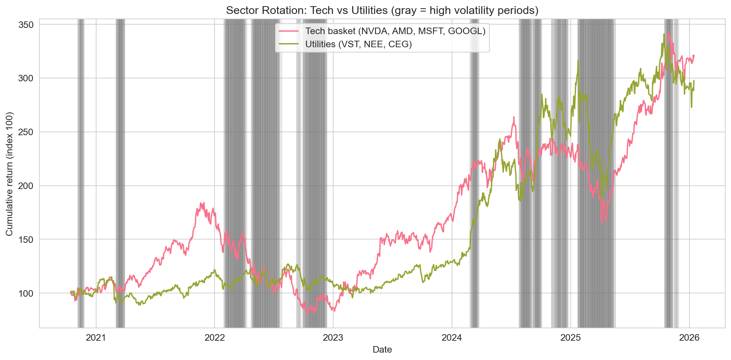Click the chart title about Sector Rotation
pos(382,10)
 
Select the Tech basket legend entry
pos(395,31)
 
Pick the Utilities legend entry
pos(358,44)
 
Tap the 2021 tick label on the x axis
pos(96,338)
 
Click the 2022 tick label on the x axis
pos(214,338)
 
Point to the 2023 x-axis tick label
pos(333,338)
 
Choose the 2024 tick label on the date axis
pos(452,338)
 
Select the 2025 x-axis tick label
pos(570,338)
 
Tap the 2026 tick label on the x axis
pos(689,338)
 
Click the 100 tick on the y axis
pos(27,293)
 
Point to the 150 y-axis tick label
pos(27,240)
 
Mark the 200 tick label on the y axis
pos(27,186)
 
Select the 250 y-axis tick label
pos(27,132)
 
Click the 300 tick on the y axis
pos(27,78)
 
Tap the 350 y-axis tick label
pos(27,25)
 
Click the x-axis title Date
pos(382,350)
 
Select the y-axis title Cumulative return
pos(9,174)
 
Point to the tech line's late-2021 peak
pos(201,203)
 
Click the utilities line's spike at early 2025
pos(578,60)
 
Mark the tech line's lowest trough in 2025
pos(602,224)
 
